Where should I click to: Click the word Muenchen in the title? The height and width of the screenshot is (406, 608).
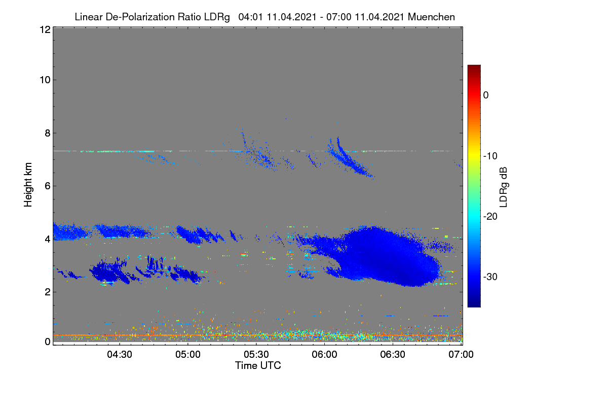click(x=431, y=17)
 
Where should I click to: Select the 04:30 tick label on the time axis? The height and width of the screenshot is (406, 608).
click(x=120, y=354)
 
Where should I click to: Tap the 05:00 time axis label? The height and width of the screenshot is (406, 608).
click(x=188, y=354)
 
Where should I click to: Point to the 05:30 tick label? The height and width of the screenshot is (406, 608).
click(x=256, y=354)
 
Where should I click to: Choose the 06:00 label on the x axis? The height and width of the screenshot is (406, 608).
click(x=324, y=354)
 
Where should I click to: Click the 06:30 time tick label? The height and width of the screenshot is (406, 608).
click(x=393, y=354)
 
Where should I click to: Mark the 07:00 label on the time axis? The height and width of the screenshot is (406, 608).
click(x=461, y=354)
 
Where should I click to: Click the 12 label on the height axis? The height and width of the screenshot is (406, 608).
click(x=45, y=29)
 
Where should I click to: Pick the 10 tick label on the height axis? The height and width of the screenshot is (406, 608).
click(x=45, y=80)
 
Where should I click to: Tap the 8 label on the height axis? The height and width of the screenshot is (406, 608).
click(x=48, y=133)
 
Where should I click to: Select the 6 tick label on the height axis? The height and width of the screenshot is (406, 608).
click(x=48, y=186)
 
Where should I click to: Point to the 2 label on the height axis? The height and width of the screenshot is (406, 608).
click(x=48, y=292)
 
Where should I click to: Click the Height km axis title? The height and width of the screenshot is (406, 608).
click(x=28, y=185)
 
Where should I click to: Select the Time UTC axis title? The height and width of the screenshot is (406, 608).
click(x=258, y=365)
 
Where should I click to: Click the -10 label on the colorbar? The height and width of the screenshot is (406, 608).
click(x=490, y=156)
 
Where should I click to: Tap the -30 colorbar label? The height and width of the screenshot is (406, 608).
click(x=490, y=277)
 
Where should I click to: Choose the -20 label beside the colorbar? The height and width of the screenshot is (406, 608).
click(x=490, y=217)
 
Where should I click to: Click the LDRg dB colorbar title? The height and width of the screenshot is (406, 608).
click(x=504, y=187)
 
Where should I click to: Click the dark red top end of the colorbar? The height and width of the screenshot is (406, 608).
click(x=474, y=66)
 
